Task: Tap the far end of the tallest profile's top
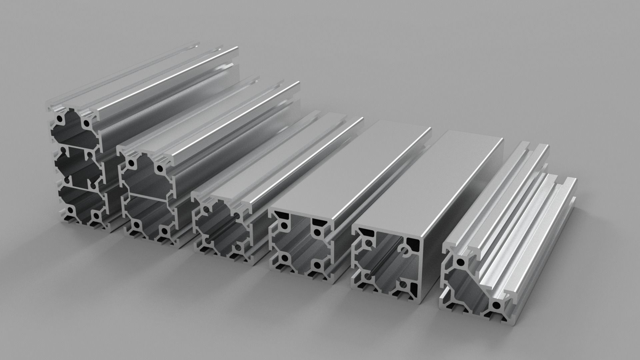[200, 47]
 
